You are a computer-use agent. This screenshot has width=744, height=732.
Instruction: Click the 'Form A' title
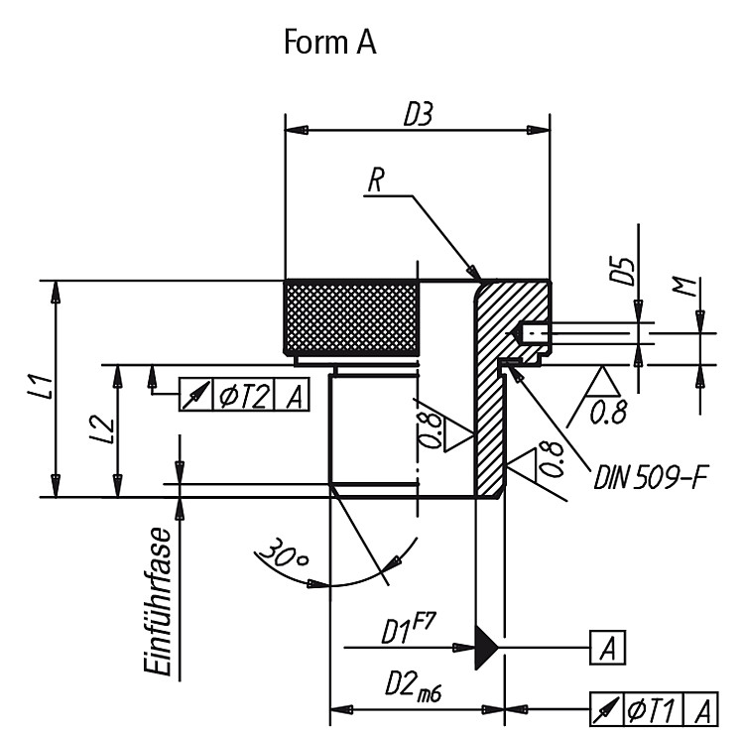pyautogui.click(x=330, y=42)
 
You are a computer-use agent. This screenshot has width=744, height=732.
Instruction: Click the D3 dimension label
pyautogui.click(x=418, y=115)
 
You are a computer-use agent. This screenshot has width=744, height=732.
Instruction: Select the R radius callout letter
pyautogui.click(x=375, y=181)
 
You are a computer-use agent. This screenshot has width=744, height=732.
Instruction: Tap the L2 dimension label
pyautogui.click(x=101, y=430)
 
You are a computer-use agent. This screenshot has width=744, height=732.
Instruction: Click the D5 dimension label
pyautogui.click(x=622, y=272)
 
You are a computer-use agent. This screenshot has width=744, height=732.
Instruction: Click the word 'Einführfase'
pyautogui.click(x=157, y=600)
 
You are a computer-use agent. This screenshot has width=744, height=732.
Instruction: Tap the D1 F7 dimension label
pyautogui.click(x=408, y=629)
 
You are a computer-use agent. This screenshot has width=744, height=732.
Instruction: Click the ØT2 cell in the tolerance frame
pyautogui.click(x=244, y=395)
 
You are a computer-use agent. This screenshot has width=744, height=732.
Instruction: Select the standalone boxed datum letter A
pyautogui.click(x=607, y=647)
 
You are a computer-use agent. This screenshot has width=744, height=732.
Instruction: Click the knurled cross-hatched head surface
pyautogui.click(x=351, y=316)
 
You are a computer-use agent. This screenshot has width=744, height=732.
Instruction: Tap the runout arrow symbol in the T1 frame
pyautogui.click(x=606, y=709)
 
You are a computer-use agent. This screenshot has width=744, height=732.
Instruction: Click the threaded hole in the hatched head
pyautogui.click(x=534, y=332)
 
